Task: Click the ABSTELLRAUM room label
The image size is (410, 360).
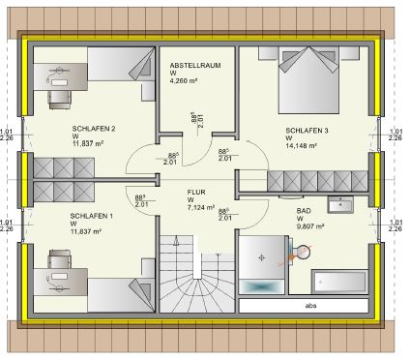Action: click(x=195, y=66)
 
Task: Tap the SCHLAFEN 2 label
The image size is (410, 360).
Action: click(x=94, y=129)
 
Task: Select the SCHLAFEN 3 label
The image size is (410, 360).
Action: click(x=307, y=131)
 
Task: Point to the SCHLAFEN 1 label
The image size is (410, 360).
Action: click(x=92, y=216)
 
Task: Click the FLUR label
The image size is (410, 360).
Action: click(x=196, y=193)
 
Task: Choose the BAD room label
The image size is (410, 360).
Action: click(x=304, y=211)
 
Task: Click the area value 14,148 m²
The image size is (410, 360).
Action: click(x=301, y=146)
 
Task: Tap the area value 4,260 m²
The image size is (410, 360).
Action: click(x=184, y=80)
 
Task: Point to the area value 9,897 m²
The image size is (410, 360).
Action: click(x=310, y=226)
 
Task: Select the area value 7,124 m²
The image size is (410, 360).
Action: click(x=201, y=207)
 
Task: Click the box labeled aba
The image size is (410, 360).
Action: click(x=304, y=306)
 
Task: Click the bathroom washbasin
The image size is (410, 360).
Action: click(x=340, y=204)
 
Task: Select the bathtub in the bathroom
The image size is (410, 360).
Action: click(x=339, y=282)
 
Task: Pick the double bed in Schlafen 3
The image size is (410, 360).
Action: click(x=308, y=80)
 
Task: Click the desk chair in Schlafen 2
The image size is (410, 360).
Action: click(x=59, y=100)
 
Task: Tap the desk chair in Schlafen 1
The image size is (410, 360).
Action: click(x=59, y=259)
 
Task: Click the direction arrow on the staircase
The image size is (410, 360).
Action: click(x=176, y=241)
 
